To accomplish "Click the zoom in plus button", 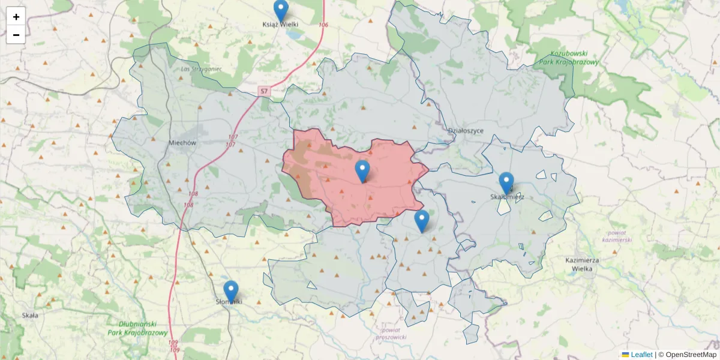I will [16, 16].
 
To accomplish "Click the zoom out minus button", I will [16, 35].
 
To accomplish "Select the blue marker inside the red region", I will [362, 171].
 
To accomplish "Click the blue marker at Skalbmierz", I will [506, 183].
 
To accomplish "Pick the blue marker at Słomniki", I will [230, 292].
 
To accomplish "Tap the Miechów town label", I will [183, 143].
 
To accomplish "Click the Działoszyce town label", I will [466, 130].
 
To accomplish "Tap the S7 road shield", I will [264, 91].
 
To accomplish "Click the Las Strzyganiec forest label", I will [201, 68].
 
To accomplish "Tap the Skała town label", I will [29, 315].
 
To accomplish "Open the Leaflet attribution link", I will [641, 355].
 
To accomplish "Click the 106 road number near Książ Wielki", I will [324, 25].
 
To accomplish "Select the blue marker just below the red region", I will [422, 220].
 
